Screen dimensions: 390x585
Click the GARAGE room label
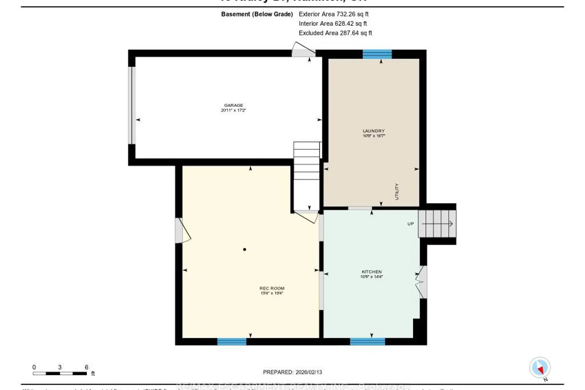coord(233,105)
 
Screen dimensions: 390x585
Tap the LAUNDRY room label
coord(374,131)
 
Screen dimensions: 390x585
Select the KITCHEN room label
coord(372,272)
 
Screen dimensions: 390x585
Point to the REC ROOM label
coord(272,288)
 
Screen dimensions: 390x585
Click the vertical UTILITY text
coord(397,191)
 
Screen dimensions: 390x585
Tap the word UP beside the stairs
coord(410,224)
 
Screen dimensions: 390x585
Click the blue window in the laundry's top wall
coord(377,54)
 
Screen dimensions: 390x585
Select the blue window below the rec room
coord(232,342)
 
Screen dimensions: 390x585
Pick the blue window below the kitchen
coord(367,342)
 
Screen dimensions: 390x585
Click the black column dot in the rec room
coord(245,250)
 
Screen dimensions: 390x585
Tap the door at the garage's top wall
coord(303,51)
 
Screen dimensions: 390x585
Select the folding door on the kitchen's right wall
coord(422,282)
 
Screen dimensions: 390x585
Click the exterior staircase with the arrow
coord(437,224)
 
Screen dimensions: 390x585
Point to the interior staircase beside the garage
coord(307,172)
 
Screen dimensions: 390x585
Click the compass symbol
coord(540,367)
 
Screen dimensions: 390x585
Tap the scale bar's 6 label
coord(87,367)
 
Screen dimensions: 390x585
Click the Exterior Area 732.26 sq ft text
coord(333,14)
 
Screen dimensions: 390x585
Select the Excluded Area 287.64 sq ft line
coord(335,33)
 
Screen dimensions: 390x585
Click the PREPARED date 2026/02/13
coord(292,372)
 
